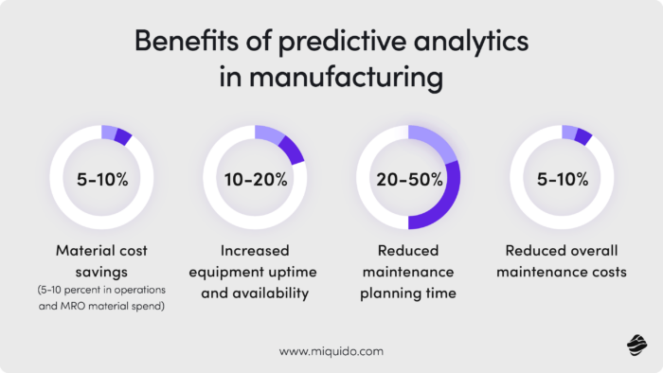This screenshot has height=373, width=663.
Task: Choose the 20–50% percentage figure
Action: point(408,179)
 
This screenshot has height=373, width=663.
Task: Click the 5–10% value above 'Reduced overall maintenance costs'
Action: point(562,179)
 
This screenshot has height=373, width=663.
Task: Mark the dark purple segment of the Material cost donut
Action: point(123,136)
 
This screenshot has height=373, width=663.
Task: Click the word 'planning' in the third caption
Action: point(385,293)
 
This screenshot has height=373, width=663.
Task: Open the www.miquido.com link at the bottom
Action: point(331,350)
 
